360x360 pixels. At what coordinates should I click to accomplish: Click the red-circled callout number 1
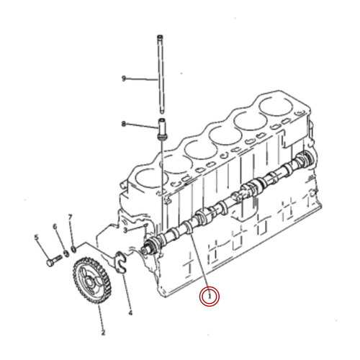[x=210, y=295]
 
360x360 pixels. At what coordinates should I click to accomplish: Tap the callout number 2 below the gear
[x=102, y=332]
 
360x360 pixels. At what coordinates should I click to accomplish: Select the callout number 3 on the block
[x=125, y=230]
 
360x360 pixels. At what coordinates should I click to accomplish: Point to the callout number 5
[x=36, y=236]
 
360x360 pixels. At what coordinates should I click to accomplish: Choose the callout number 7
[x=70, y=217]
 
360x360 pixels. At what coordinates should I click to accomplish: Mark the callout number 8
[x=124, y=124]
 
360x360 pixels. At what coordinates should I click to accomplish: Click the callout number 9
[x=124, y=78]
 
